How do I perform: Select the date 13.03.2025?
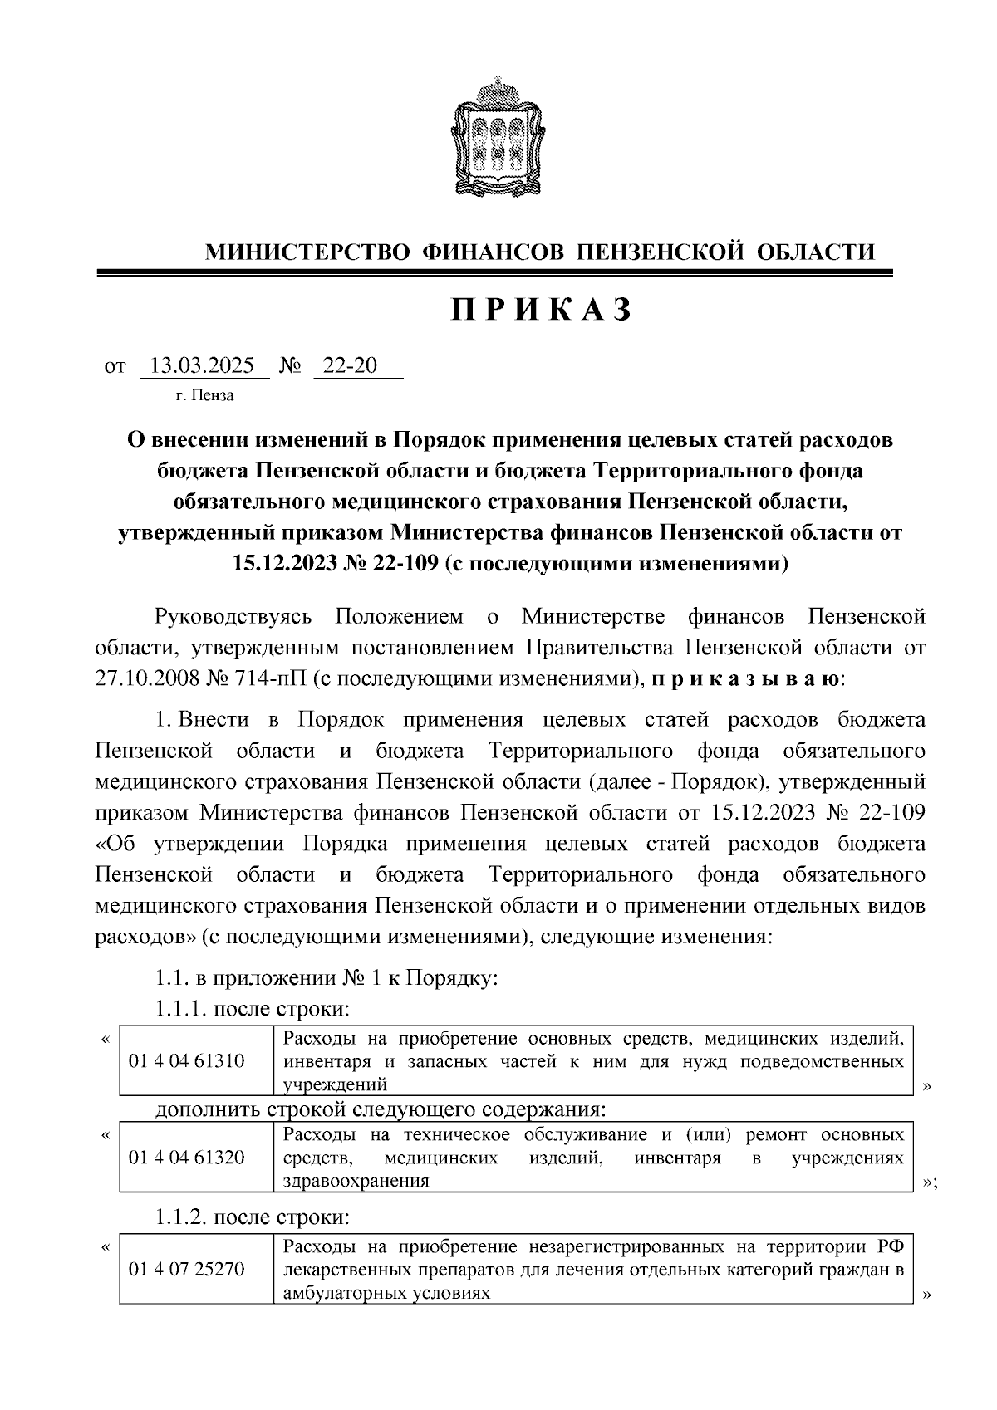coord(203,365)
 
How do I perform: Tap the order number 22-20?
coord(349,365)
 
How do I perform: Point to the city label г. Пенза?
coord(205,395)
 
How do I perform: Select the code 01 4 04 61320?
coord(187,1157)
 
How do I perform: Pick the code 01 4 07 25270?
coord(187,1270)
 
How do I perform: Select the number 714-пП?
coord(266,678)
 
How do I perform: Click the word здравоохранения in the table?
coord(356,1181)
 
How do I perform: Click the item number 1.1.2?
coord(180,1217)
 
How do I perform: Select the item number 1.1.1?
coord(180,1009)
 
